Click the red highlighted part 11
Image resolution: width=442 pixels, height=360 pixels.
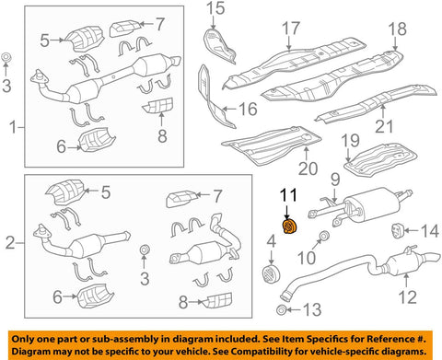tap(288, 226)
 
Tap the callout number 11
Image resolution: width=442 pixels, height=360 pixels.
tap(289, 195)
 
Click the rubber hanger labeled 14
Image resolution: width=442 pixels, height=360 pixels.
tap(395, 228)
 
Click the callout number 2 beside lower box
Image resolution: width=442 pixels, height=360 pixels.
tap(10, 243)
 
